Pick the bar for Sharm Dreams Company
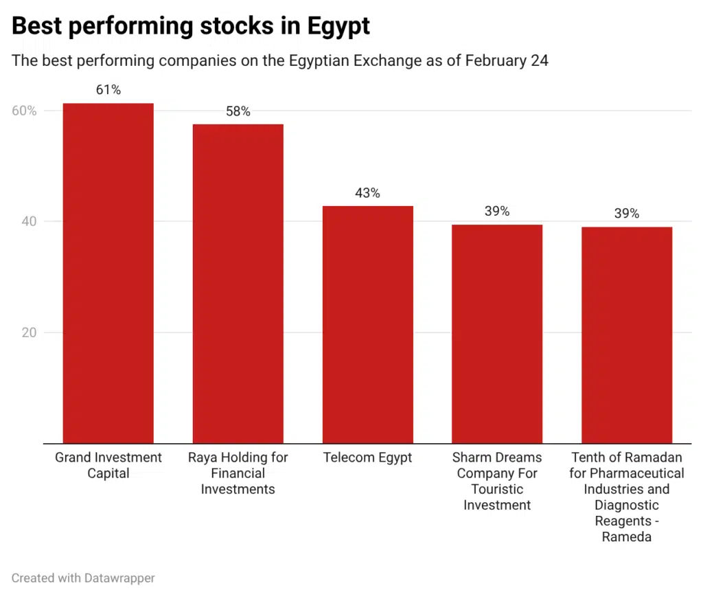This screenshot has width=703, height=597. click(497, 334)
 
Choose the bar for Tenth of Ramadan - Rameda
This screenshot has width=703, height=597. click(626, 335)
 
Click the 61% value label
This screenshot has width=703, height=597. click(108, 90)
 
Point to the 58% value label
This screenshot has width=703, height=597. click(238, 111)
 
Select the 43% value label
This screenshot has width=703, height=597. click(367, 193)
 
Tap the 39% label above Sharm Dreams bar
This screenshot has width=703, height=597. click(497, 212)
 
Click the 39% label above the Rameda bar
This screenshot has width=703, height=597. click(626, 214)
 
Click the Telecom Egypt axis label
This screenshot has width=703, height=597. click(367, 458)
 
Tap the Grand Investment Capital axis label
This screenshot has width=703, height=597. click(108, 465)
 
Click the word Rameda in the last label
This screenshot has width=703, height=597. click(626, 537)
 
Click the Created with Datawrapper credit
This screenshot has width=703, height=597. click(83, 578)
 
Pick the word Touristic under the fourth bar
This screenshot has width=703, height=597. click(497, 489)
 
